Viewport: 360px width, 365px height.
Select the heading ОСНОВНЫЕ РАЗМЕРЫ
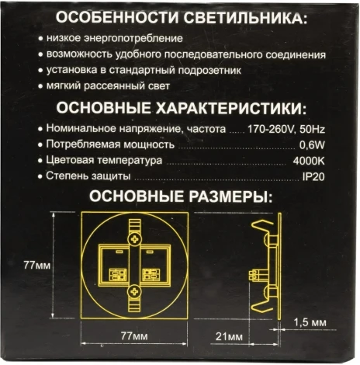(x=180, y=197)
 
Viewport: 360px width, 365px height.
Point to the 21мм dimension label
(x=231, y=336)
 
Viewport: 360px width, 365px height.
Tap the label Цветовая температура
(x=103, y=162)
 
